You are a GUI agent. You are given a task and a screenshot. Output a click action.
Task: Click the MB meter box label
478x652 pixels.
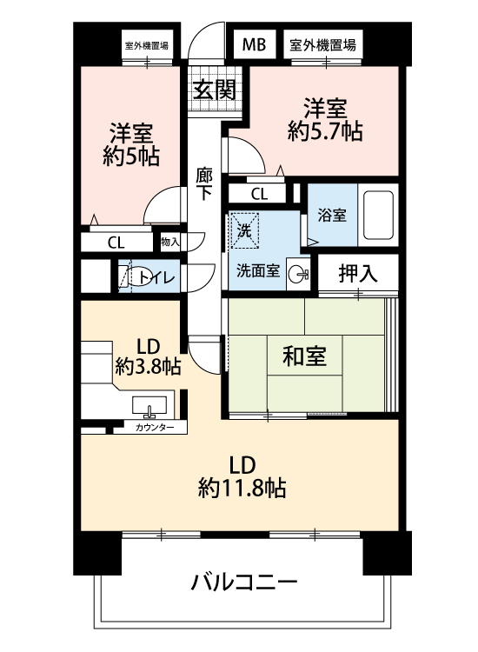[254, 44]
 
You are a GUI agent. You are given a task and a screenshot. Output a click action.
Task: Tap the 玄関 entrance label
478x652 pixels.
[214, 90]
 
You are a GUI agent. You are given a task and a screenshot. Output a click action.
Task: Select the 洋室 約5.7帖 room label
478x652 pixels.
[325, 120]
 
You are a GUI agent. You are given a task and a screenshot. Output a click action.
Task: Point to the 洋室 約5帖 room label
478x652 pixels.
[131, 144]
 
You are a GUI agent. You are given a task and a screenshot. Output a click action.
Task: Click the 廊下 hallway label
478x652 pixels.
[204, 183]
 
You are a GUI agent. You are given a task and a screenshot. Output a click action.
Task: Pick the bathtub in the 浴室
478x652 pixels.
[378, 215]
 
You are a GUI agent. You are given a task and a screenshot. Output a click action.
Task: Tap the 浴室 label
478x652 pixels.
[332, 216]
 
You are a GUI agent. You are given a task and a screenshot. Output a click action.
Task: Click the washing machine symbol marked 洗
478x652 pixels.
[244, 230]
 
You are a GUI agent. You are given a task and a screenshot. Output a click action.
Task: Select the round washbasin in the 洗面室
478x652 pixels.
[298, 273]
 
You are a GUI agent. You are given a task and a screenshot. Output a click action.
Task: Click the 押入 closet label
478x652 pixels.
[358, 274]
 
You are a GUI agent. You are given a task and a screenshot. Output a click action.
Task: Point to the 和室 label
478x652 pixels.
[304, 356]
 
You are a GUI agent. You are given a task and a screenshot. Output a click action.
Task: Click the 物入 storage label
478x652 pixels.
[170, 242]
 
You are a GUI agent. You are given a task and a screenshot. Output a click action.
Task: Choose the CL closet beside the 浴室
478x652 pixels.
[259, 194]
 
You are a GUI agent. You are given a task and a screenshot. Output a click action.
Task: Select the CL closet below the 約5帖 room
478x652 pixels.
[116, 242]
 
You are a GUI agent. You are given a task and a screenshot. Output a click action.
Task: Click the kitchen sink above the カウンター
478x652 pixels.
[149, 406]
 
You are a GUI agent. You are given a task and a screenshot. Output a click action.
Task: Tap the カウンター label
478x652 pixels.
[155, 427]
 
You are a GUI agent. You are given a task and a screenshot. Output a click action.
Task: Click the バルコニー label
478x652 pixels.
[244, 582]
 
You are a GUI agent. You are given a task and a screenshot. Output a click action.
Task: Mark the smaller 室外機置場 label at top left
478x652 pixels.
[147, 45]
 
